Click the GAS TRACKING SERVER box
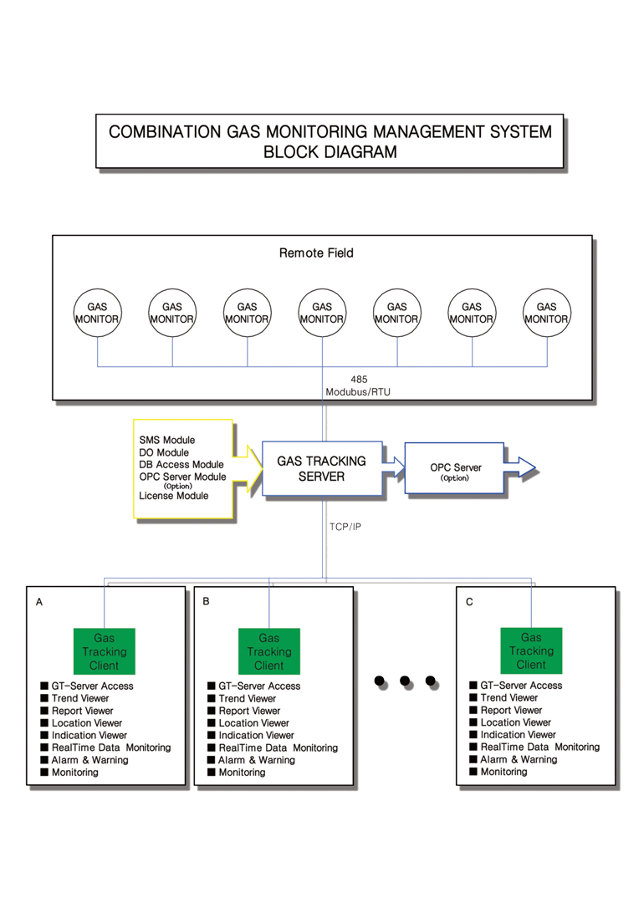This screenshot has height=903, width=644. [x=322, y=468]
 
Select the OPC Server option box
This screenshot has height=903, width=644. [x=454, y=467]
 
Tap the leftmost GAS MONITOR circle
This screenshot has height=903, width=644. [x=97, y=313]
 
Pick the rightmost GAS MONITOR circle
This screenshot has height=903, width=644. [x=547, y=313]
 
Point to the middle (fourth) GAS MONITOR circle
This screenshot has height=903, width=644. [x=322, y=313]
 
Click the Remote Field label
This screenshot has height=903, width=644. [x=316, y=253]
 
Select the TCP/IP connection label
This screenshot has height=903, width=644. [x=345, y=527]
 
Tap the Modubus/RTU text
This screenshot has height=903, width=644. [x=358, y=391]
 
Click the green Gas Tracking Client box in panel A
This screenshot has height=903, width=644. [x=105, y=651]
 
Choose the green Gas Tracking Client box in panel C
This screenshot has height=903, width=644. [x=531, y=650]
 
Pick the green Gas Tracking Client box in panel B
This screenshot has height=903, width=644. [x=269, y=651]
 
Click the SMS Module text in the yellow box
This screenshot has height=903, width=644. [x=167, y=440]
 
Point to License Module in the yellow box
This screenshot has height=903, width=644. [x=173, y=496]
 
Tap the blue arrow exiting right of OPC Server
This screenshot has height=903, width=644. [x=519, y=467]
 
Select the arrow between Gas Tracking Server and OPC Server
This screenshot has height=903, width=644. [x=394, y=467]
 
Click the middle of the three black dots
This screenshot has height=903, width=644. [x=405, y=681]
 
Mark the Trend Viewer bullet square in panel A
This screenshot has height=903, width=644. [x=44, y=698]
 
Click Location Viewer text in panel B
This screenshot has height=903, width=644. [x=253, y=722]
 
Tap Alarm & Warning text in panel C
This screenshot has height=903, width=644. [x=519, y=759]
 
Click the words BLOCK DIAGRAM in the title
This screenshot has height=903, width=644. [x=330, y=152]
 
